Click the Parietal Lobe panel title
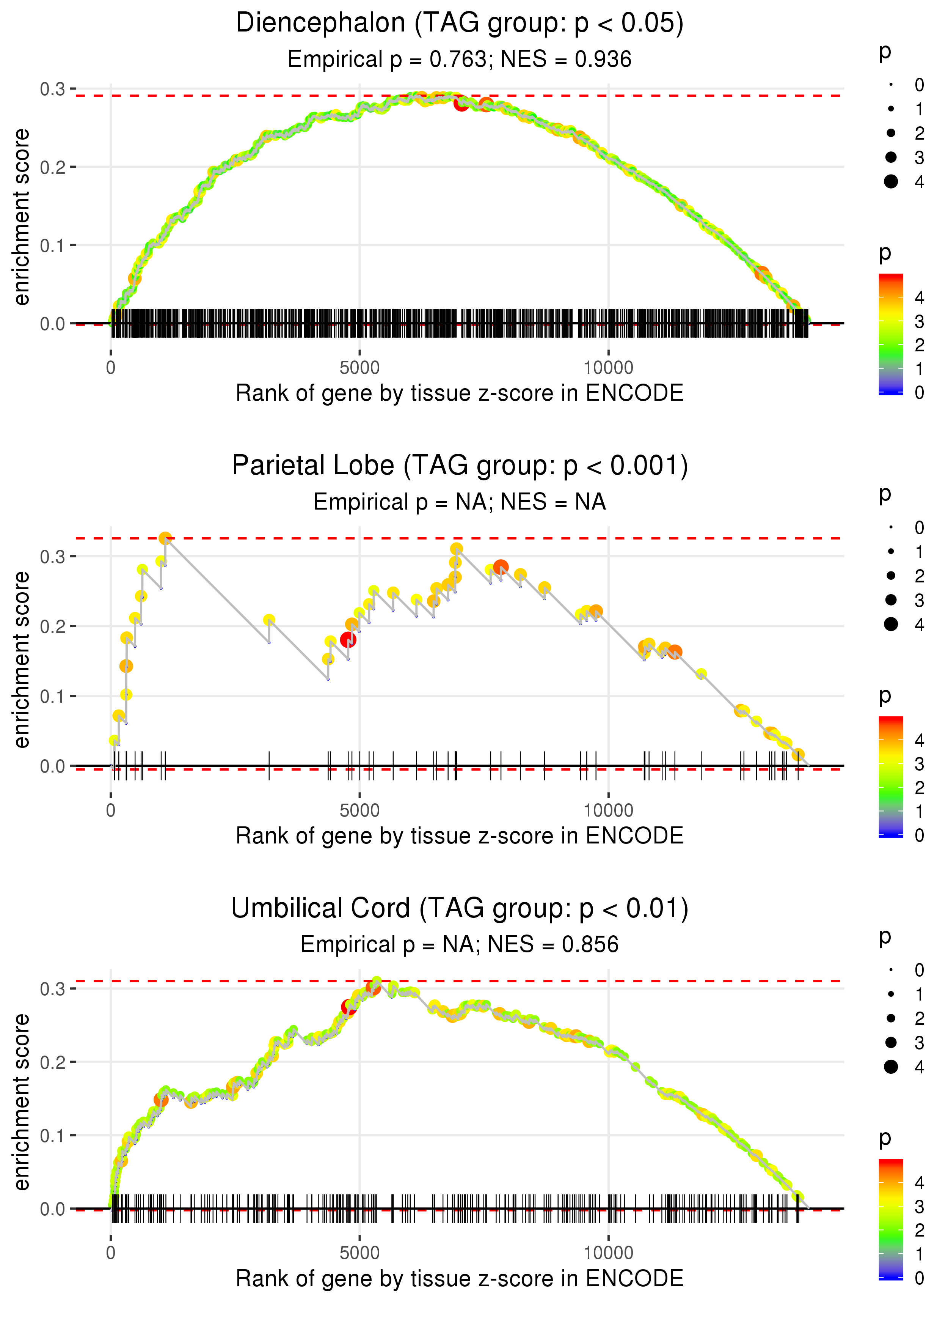460,466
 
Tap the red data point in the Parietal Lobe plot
348,639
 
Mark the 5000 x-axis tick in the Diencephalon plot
359,368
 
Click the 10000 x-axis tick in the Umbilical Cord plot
608,1252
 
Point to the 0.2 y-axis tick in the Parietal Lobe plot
53,626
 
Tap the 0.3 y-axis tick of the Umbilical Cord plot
53,989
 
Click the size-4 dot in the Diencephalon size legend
891,182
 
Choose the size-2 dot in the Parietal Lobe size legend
891,576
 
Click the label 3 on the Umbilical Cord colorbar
920,1207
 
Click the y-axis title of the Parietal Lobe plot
22,659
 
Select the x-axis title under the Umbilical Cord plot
460,1278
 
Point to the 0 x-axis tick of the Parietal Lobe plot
111,810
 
